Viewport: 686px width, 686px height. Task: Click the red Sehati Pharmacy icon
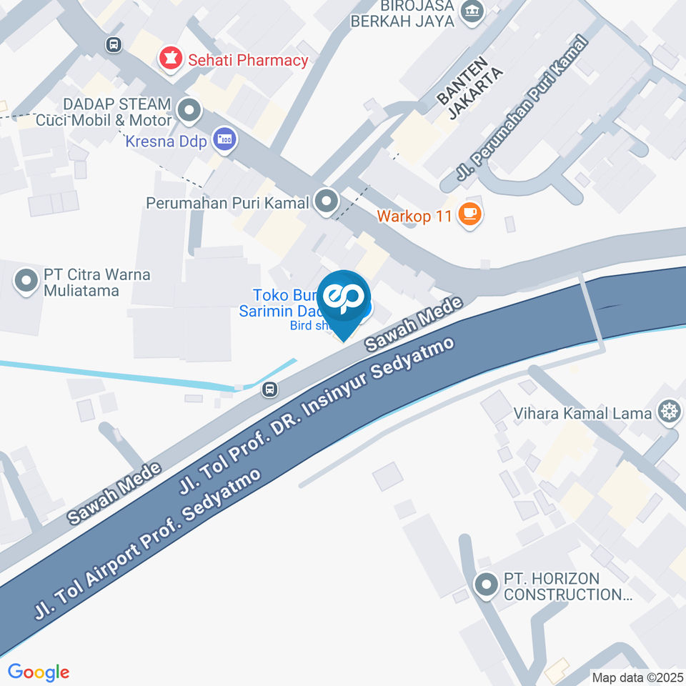(x=170, y=59)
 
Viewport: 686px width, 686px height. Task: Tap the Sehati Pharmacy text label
(x=248, y=60)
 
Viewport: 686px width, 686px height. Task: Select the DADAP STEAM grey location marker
(x=189, y=111)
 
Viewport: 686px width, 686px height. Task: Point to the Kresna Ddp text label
(x=166, y=141)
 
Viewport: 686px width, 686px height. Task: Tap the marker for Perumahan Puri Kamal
(x=327, y=202)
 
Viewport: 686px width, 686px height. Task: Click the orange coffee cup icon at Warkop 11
(x=469, y=214)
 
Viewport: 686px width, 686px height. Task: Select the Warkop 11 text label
(x=414, y=215)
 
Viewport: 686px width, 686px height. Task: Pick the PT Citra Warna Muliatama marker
(x=27, y=281)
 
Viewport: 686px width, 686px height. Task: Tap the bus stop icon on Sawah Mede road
(x=269, y=389)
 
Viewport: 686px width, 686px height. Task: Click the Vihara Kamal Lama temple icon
(x=669, y=412)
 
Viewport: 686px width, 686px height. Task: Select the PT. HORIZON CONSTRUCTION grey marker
(x=486, y=586)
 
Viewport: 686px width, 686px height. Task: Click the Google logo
(x=38, y=672)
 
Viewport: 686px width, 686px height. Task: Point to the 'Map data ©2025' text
(x=637, y=677)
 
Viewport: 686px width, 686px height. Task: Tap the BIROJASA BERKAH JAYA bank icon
(x=472, y=11)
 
